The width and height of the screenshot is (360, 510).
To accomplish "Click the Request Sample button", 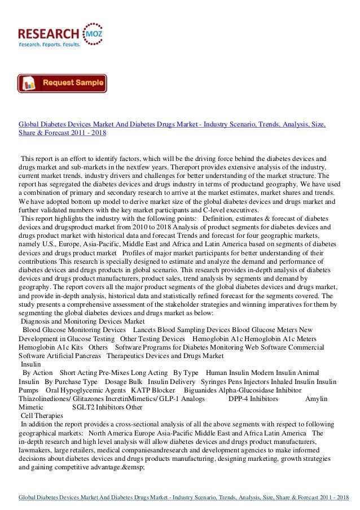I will click(x=62, y=83).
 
